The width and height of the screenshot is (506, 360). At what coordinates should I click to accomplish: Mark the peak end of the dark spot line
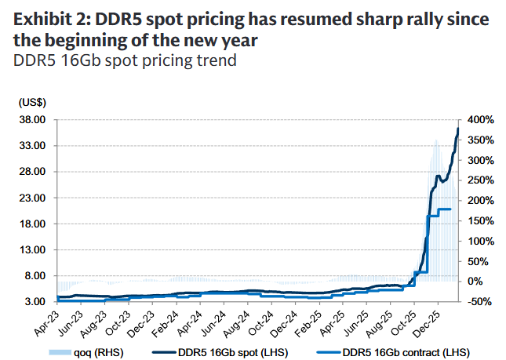(458, 129)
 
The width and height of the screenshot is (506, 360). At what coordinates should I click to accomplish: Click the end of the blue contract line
(450, 209)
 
